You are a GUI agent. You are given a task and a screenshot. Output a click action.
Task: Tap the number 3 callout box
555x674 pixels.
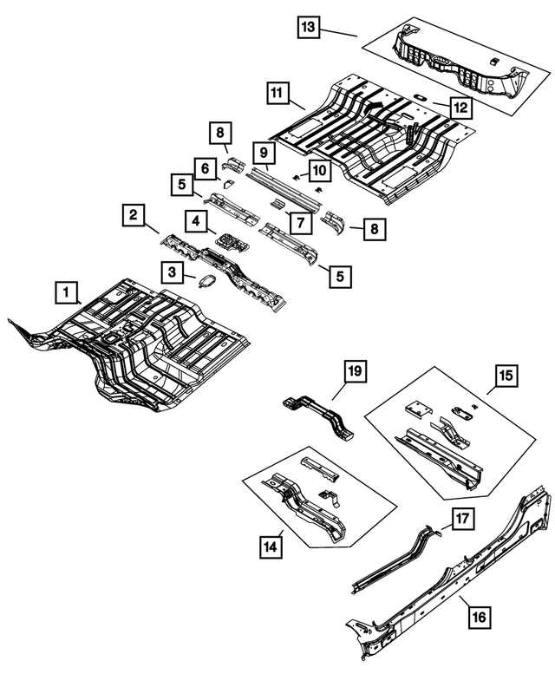tap(173, 273)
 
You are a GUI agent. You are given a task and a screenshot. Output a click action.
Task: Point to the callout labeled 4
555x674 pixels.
tap(197, 223)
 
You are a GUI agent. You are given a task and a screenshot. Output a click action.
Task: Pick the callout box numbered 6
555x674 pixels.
tap(205, 167)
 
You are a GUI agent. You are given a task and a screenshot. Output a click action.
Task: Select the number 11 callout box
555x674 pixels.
tap(277, 93)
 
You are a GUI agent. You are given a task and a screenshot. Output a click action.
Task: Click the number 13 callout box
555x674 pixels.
tap(308, 29)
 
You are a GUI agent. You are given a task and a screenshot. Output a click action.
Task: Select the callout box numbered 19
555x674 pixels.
tap(354, 373)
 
